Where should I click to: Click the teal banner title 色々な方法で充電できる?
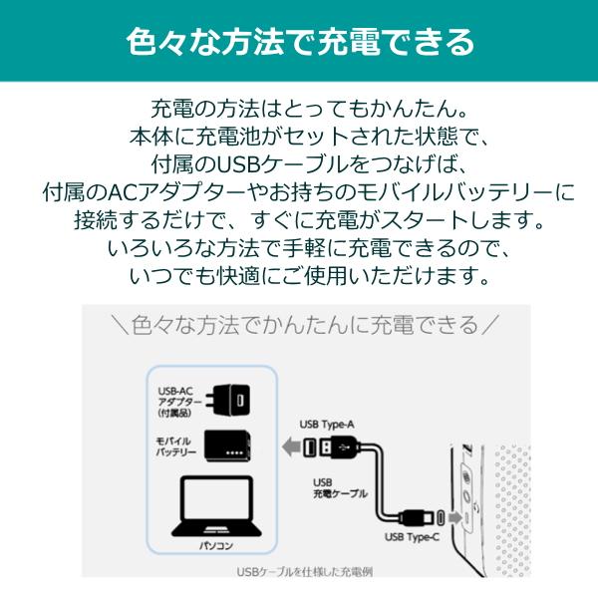300,42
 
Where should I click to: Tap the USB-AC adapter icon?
228,401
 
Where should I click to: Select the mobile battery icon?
227,446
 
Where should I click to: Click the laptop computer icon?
216,506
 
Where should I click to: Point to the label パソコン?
216,546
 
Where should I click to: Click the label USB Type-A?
327,425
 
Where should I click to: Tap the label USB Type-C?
412,537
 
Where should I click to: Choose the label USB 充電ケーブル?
340,488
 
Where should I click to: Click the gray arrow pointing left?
291,447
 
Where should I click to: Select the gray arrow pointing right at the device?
455,518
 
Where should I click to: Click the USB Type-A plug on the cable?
332,447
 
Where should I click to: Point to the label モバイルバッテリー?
176,447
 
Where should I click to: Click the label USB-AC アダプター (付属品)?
179,402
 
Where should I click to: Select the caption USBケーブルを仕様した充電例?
305,572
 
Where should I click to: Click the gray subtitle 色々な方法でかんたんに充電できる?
305,325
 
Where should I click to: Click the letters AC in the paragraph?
122,192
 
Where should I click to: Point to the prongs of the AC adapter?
210,401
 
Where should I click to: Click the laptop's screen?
217,498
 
